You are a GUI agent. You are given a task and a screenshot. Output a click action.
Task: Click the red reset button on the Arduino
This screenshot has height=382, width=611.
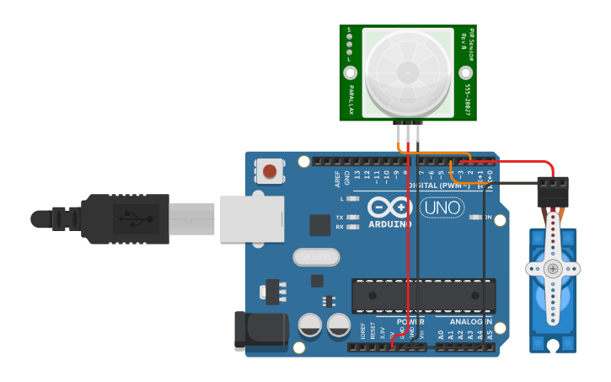269,172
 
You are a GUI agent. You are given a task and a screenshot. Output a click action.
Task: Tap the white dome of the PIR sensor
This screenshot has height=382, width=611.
408,71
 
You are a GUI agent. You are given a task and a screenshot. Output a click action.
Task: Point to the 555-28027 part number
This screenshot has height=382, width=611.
467,99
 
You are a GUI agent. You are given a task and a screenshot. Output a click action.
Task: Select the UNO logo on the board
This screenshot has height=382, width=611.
441,208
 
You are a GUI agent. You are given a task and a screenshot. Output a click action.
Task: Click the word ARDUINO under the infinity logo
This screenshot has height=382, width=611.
389,224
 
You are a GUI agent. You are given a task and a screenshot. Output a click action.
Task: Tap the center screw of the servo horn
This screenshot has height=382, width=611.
552,269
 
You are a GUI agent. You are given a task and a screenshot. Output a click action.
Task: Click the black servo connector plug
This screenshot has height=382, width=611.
552,192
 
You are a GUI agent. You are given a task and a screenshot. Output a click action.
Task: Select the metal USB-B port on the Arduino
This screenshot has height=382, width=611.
251,219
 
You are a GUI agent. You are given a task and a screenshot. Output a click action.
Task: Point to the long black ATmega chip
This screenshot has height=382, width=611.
423,294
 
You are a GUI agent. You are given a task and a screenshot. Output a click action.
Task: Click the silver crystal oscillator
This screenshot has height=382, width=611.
315,256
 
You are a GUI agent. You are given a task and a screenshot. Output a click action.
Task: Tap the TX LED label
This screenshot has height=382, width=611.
340,217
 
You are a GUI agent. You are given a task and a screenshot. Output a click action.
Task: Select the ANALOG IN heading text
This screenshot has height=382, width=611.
470,321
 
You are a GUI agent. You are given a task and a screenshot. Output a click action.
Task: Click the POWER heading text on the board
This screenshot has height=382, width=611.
410,321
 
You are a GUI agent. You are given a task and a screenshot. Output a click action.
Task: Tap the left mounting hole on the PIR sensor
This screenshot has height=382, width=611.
351,73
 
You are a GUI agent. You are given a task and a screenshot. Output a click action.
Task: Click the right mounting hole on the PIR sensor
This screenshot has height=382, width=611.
466,73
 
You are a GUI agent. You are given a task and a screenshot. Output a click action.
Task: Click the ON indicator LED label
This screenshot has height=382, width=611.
487,217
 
